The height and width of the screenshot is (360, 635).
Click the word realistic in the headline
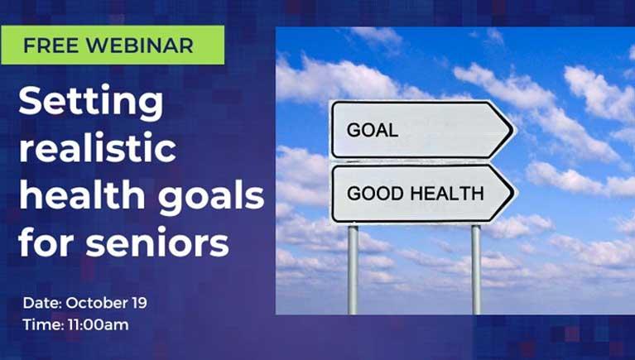tap(97, 151)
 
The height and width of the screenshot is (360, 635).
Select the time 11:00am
tap(96, 324)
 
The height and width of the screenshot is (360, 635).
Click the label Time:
tap(38, 324)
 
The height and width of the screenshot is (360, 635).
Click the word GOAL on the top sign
tap(373, 130)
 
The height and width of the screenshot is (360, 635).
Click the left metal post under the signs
tap(354, 269)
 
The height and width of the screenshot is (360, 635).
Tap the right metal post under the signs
tap(476, 269)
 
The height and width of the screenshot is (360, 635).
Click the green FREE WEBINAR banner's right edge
tap(223, 45)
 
